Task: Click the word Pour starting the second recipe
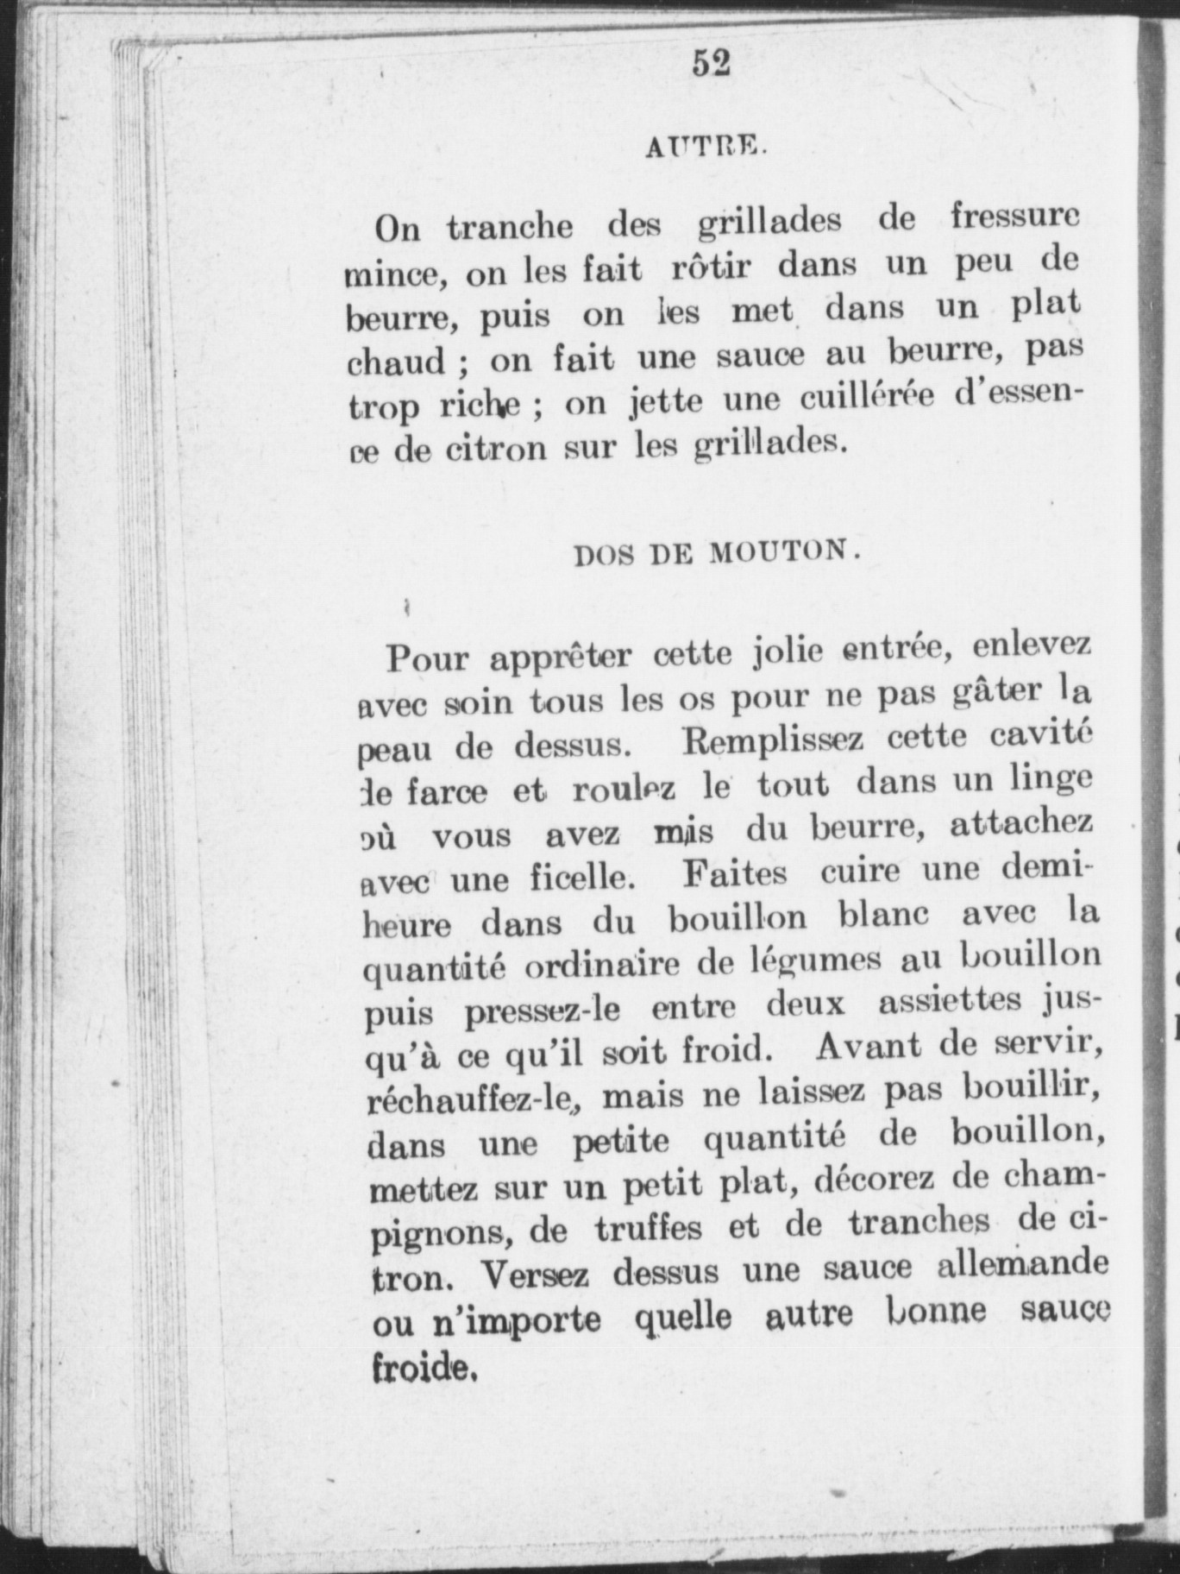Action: [x=427, y=659]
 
